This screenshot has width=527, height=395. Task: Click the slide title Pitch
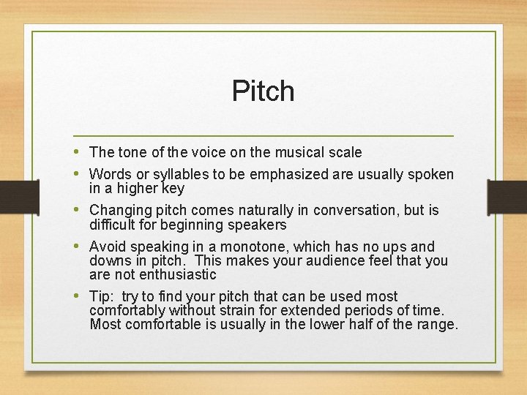(x=263, y=91)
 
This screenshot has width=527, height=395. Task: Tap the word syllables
(x=169, y=175)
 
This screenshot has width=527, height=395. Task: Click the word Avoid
(x=107, y=247)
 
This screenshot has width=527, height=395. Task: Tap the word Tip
(x=100, y=296)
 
